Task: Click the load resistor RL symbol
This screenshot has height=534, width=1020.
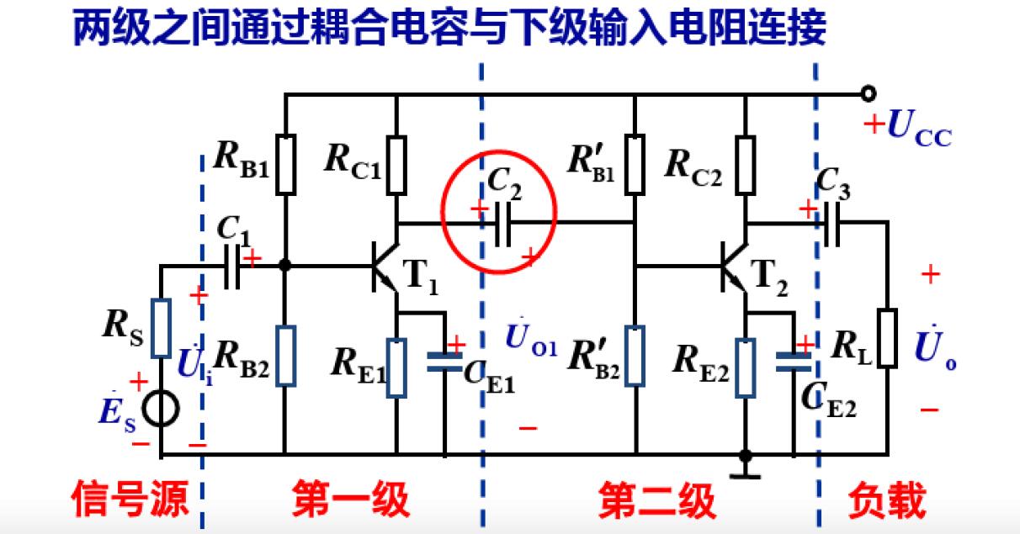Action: click(x=887, y=338)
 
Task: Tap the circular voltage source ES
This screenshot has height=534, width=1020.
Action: click(x=160, y=410)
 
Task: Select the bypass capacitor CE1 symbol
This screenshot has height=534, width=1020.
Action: click(x=444, y=362)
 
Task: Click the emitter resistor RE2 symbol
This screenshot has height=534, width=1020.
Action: click(x=745, y=367)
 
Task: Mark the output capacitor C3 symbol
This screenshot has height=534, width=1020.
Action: click(x=831, y=224)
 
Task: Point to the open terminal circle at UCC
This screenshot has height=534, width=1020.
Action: click(x=869, y=94)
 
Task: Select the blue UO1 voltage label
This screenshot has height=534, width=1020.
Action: click(x=530, y=339)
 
